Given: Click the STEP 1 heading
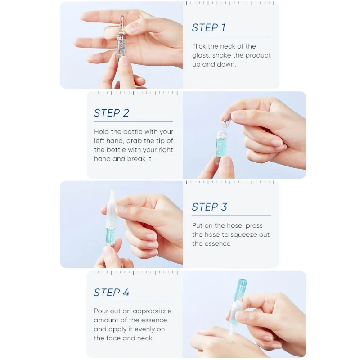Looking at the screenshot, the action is pos(209,27).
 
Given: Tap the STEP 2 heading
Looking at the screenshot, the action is pos(111,113).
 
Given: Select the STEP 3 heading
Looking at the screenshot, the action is pos(209,207).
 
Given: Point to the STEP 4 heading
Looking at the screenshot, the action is pos(111,292).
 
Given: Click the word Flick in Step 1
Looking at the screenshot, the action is pos(199,46).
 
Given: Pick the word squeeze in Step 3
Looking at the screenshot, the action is pos(243,235).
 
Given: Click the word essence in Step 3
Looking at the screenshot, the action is pos(217,243).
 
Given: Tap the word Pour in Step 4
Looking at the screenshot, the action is pos(101,311).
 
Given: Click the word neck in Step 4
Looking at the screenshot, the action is pos(145,338).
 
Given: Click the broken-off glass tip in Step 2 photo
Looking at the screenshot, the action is pos(226,121).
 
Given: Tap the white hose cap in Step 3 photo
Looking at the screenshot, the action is pos(111,209).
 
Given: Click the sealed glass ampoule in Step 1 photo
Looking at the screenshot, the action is pos(121,39).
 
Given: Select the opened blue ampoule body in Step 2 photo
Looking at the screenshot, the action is pos(220,147).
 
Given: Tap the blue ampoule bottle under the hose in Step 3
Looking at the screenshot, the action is pos(110,237).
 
